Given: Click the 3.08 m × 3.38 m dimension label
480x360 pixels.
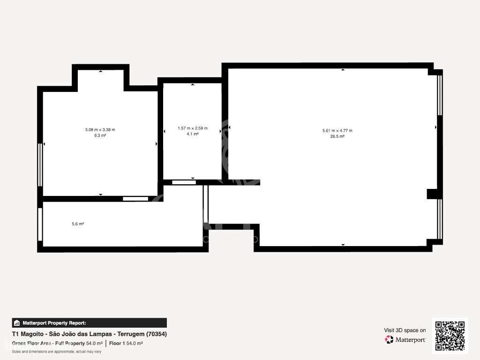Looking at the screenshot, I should [x=100, y=130].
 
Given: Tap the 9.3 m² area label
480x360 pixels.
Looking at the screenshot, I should [x=100, y=135].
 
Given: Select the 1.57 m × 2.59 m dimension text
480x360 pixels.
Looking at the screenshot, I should [x=192, y=128].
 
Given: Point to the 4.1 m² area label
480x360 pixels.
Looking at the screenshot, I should [x=192, y=134].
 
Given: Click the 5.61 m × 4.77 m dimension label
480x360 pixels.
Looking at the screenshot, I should [x=337, y=131].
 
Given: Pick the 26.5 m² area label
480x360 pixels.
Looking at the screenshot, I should [x=337, y=136].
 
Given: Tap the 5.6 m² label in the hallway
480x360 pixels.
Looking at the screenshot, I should [x=78, y=224].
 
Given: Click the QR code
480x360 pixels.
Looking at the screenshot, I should [x=450, y=336].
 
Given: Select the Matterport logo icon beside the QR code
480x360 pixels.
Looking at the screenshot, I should [x=389, y=339].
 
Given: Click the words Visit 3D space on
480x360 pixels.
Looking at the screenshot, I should [x=405, y=330].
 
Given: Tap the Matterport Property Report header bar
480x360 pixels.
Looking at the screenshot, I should [x=89, y=323].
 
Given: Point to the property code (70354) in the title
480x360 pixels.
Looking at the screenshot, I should [x=157, y=334].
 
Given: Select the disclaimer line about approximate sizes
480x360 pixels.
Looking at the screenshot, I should [x=57, y=352].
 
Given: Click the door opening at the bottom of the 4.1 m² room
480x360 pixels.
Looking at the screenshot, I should [x=184, y=182].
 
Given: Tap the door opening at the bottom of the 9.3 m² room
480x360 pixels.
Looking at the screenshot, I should [x=135, y=199].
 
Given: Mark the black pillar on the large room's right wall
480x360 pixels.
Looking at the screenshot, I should [x=431, y=194].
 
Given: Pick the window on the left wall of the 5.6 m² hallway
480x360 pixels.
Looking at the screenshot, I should [x=40, y=224].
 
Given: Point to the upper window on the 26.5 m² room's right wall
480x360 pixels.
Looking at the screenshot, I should [x=440, y=95].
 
